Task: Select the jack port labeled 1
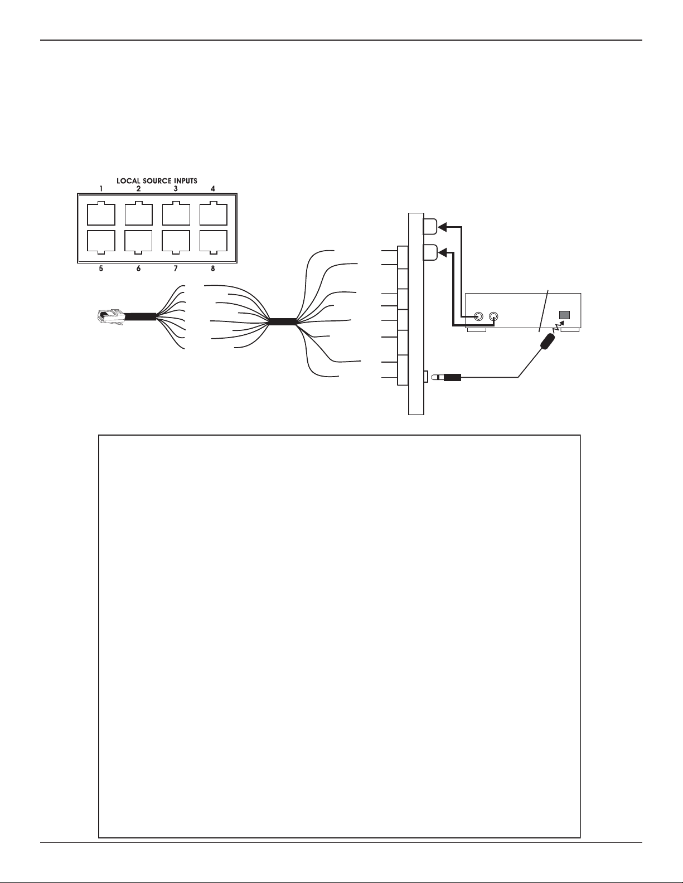[x=101, y=213]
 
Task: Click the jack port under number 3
[x=176, y=213]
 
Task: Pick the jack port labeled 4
[x=213, y=213]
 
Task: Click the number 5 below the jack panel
[x=101, y=269]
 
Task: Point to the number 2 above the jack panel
[x=138, y=188]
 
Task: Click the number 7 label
[x=176, y=269]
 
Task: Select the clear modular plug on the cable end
[x=110, y=317]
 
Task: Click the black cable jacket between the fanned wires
[x=283, y=322]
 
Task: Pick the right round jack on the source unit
[x=494, y=316]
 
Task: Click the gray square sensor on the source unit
[x=565, y=315]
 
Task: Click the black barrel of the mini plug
[x=452, y=378]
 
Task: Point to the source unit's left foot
[x=477, y=330]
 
